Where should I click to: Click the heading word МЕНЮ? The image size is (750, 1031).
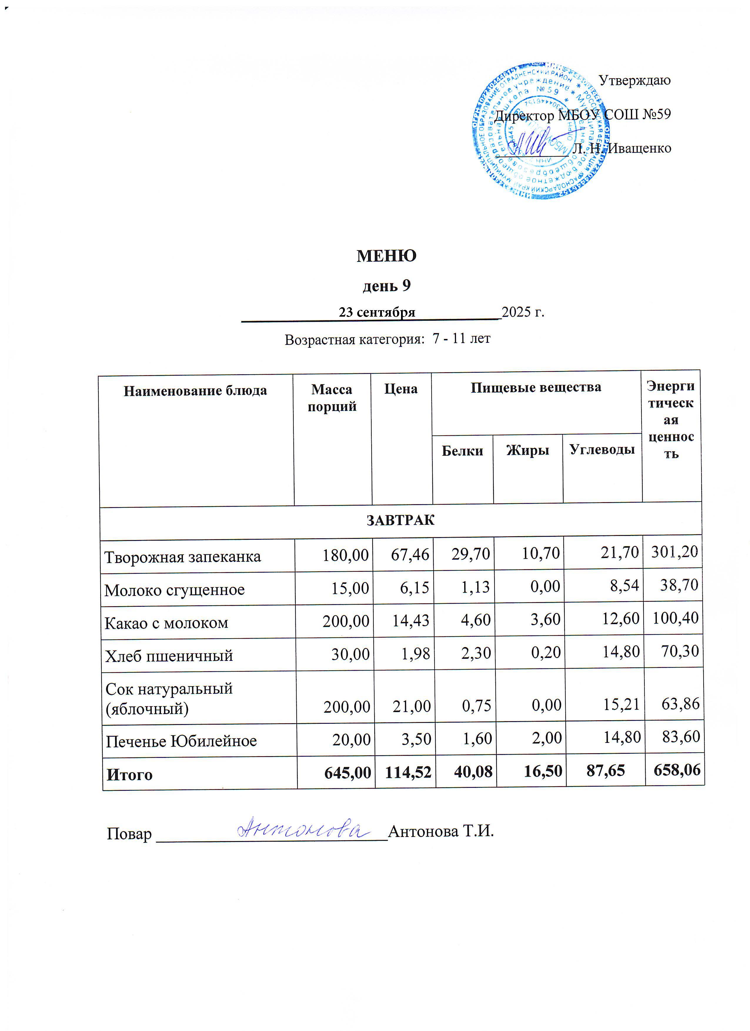[386, 256]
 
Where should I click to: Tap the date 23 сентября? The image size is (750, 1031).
[377, 312]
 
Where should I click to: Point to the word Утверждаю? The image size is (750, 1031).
[634, 81]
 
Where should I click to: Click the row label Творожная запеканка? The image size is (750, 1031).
[183, 557]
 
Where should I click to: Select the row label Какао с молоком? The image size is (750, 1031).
[166, 623]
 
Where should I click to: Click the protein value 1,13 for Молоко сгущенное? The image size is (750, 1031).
[475, 587]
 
